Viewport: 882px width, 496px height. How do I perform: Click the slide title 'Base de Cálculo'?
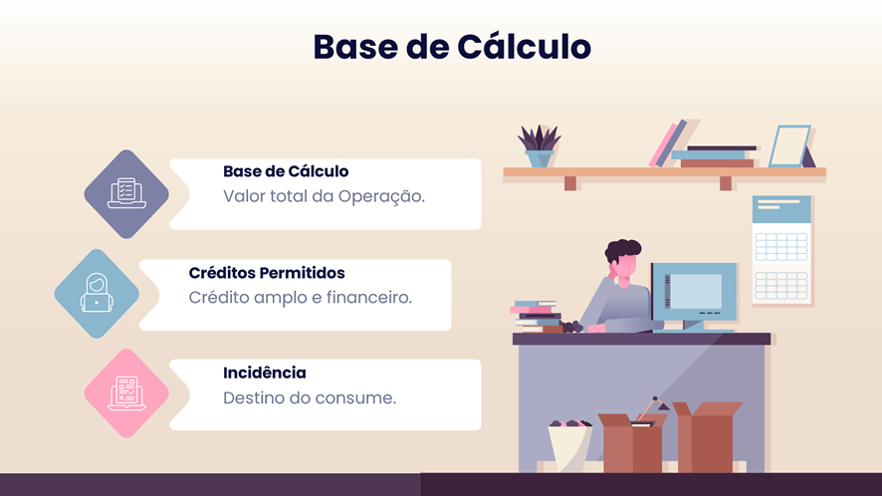[x=452, y=46]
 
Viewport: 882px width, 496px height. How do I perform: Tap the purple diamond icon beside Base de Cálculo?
[x=126, y=194]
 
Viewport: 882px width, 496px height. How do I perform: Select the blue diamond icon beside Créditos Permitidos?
[x=97, y=294]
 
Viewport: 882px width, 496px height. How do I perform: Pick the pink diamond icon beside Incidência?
[x=126, y=393]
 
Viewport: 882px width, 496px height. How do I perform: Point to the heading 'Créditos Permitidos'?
[x=267, y=273]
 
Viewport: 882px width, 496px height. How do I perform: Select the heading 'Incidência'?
[x=265, y=372]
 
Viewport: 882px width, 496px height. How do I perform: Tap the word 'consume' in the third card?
[x=355, y=398]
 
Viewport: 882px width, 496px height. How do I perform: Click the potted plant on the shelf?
[x=539, y=145]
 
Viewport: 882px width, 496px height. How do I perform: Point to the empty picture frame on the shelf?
[x=789, y=146]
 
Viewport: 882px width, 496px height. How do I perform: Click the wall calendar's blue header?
[x=781, y=209]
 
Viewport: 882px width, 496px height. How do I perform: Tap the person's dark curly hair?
[x=623, y=249]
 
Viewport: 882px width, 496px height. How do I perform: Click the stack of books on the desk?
[x=536, y=317]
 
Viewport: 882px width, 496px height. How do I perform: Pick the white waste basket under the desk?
[x=569, y=447]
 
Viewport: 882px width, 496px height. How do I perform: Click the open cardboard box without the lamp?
[x=707, y=437]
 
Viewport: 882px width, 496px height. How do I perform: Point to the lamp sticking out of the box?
[x=652, y=407]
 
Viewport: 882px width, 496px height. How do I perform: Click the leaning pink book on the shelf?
[x=663, y=144]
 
